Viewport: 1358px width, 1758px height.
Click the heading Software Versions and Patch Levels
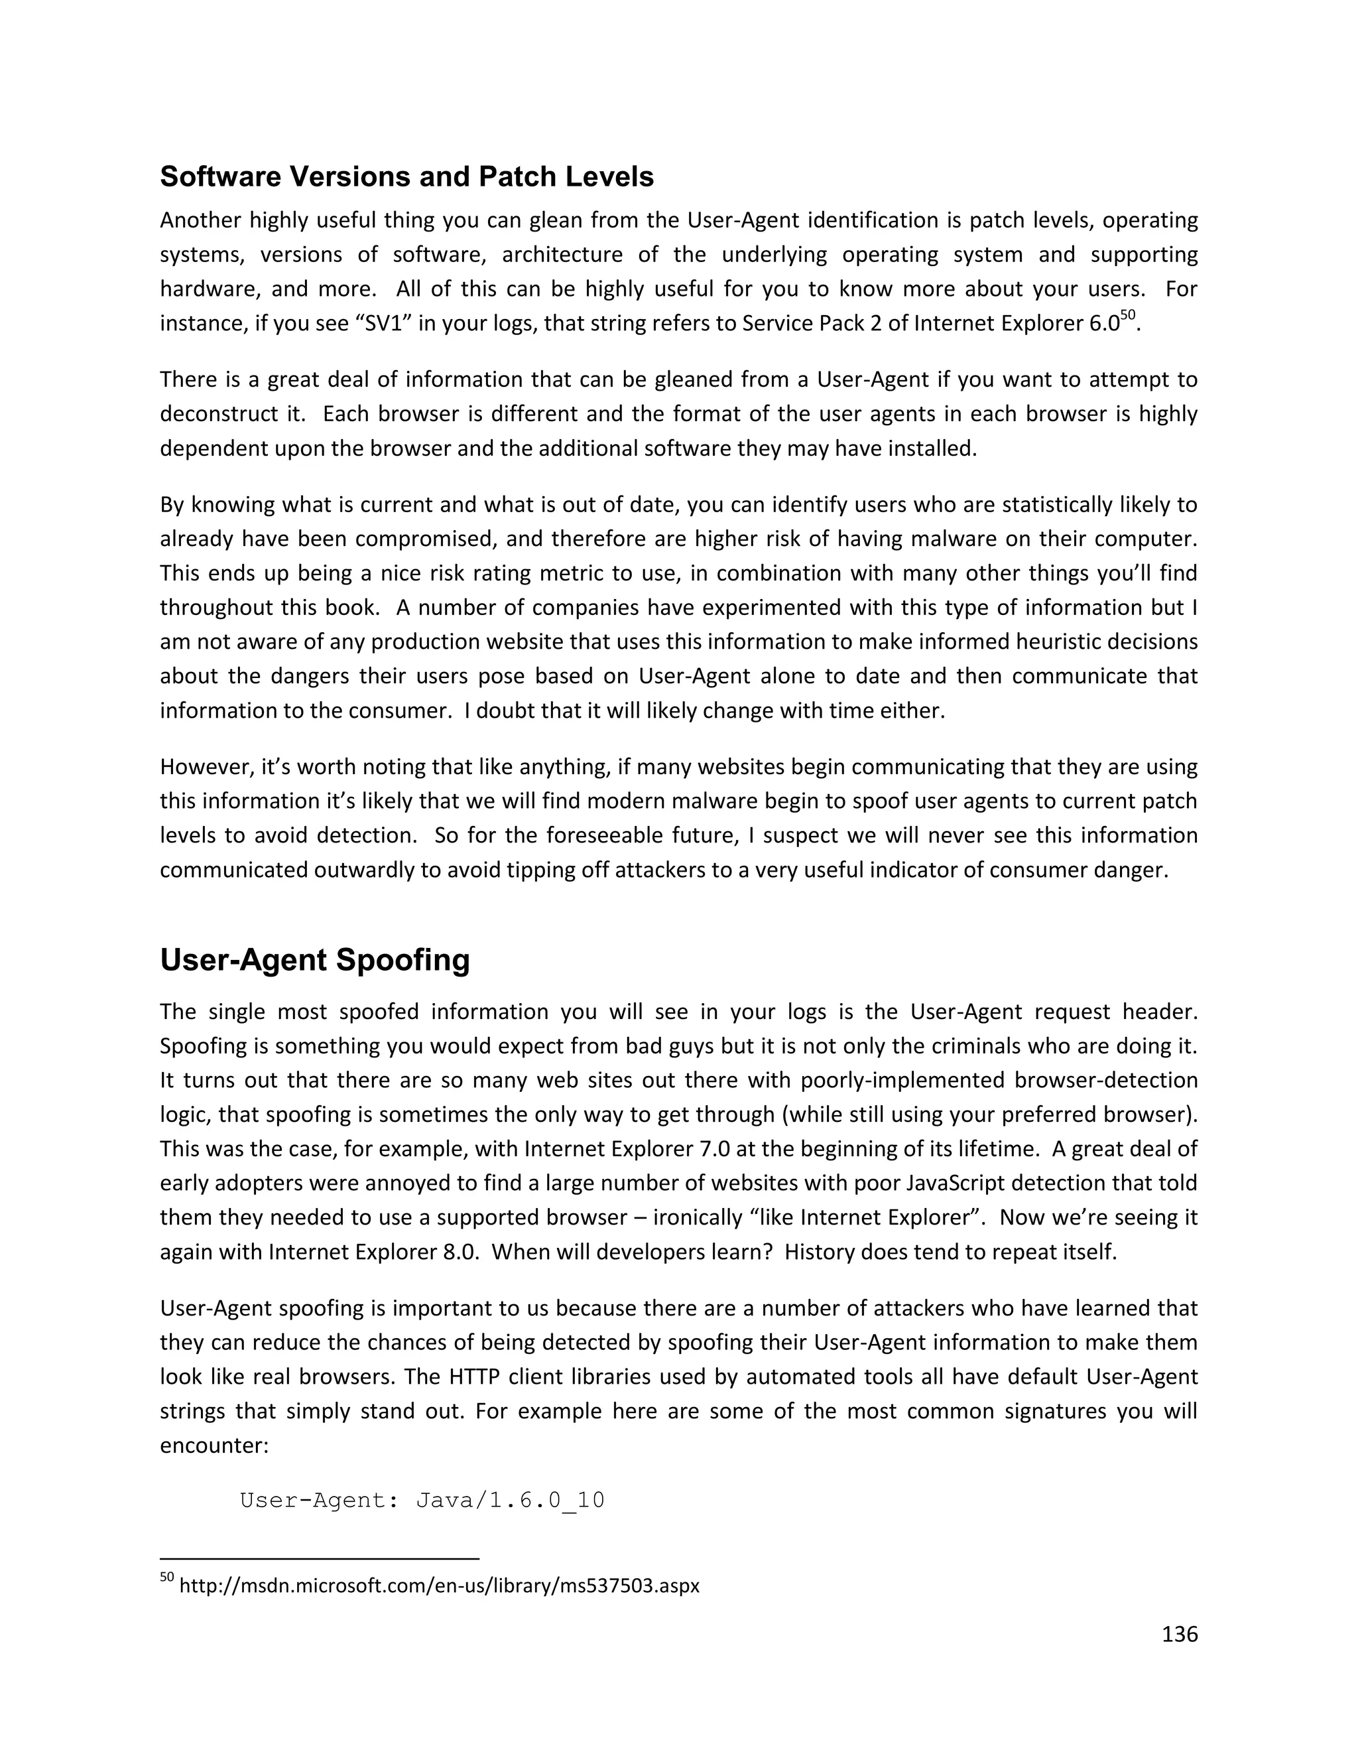click(406, 177)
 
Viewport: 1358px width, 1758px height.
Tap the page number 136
click(1180, 1634)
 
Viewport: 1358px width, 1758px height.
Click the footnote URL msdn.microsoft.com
click(439, 1586)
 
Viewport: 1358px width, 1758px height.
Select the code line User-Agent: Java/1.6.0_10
click(422, 1501)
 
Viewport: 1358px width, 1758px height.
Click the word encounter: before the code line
click(214, 1445)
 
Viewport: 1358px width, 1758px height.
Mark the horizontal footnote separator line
click(320, 1558)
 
